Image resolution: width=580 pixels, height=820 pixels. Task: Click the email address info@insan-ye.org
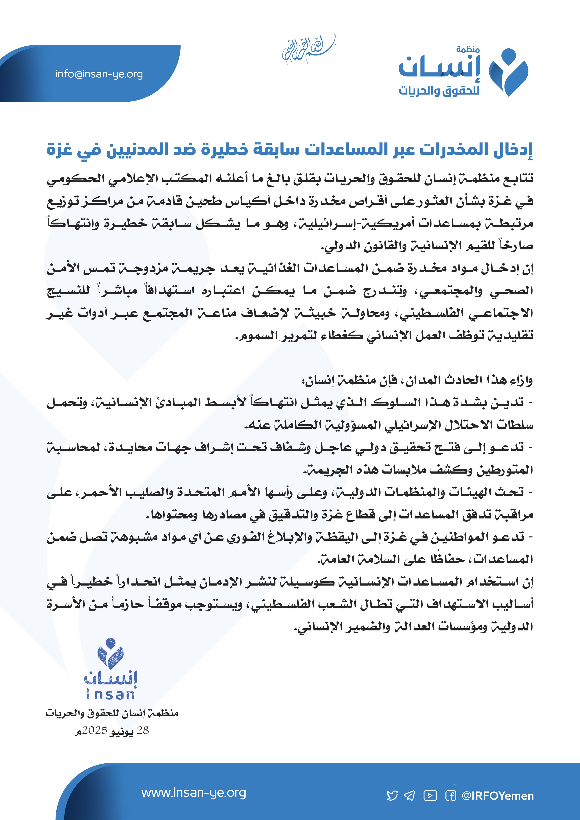click(x=99, y=74)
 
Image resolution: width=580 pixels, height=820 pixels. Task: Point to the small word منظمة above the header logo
click(x=468, y=50)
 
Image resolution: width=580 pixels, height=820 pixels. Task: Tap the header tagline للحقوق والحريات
click(x=439, y=91)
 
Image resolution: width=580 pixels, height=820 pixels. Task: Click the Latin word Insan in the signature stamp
click(x=110, y=695)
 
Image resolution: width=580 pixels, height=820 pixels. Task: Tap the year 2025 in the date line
click(x=95, y=730)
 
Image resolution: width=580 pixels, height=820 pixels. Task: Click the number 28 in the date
click(x=143, y=730)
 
